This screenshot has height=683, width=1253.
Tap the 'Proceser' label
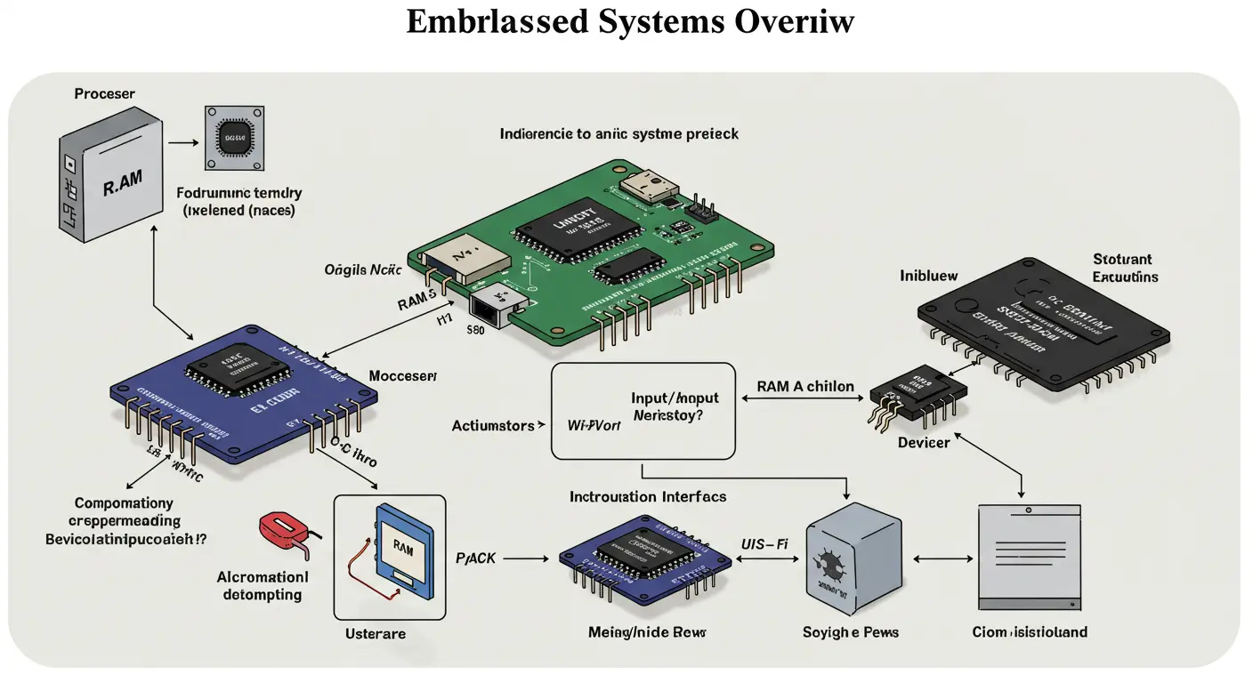pyautogui.click(x=105, y=93)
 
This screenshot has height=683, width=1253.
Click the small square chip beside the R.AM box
pyautogui.click(x=235, y=138)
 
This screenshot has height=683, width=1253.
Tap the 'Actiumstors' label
pyautogui.click(x=493, y=426)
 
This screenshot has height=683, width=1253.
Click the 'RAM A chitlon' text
pyautogui.click(x=805, y=387)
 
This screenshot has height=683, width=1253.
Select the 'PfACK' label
pyautogui.click(x=476, y=558)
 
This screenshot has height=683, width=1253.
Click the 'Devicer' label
pyautogui.click(x=923, y=442)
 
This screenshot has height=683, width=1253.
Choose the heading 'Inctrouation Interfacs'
pyautogui.click(x=648, y=496)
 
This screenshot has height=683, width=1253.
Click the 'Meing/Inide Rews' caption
pyautogui.click(x=647, y=632)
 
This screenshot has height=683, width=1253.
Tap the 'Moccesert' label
pyautogui.click(x=403, y=377)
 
